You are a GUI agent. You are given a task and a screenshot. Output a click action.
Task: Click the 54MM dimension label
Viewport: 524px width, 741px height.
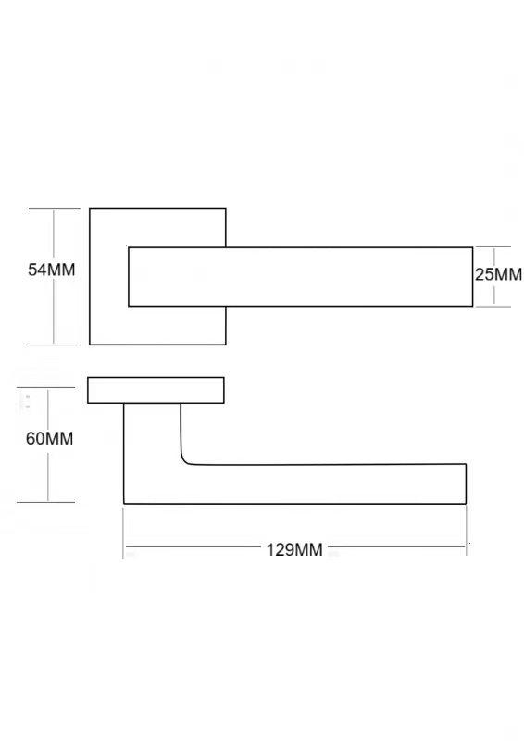point(52,270)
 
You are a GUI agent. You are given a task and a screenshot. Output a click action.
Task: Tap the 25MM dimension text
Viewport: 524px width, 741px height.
point(498,274)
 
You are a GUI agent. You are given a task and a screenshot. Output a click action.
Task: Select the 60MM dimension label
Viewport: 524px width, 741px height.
point(50,438)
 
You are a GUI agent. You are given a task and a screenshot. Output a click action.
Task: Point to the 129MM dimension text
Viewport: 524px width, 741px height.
point(294,550)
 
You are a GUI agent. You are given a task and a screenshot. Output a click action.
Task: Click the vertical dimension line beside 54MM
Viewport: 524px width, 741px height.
point(54,276)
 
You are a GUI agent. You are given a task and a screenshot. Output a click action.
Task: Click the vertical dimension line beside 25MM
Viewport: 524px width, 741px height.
point(494,276)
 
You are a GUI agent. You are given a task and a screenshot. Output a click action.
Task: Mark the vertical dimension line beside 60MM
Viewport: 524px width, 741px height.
point(48,445)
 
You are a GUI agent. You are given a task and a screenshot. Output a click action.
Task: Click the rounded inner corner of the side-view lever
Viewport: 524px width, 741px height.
point(185,460)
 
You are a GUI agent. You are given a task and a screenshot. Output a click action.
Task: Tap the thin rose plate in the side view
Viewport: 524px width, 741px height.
point(156,390)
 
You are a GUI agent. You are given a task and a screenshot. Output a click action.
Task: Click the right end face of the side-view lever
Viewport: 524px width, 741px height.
point(466,484)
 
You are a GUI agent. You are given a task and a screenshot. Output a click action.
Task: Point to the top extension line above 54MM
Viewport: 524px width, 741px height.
point(55,209)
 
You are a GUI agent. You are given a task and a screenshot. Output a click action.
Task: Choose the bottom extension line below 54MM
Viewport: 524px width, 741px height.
point(55,345)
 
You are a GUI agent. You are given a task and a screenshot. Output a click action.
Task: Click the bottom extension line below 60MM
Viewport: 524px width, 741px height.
point(46,502)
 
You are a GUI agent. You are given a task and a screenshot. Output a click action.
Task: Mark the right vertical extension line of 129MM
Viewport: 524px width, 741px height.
point(467,530)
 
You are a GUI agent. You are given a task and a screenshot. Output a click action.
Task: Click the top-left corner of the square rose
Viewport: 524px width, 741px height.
point(90,209)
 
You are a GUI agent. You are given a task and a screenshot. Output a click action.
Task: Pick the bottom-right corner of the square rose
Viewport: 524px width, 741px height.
point(226,345)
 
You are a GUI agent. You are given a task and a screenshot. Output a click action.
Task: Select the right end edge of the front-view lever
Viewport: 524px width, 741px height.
point(472,276)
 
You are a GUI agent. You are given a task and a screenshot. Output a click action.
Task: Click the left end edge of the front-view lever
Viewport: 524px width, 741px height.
point(129,276)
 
